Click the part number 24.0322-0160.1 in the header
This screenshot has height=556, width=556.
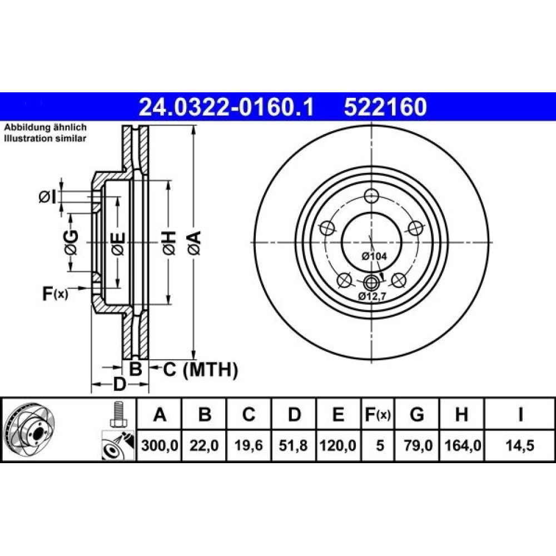[x=226, y=107]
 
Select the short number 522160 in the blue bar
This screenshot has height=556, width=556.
[x=385, y=107]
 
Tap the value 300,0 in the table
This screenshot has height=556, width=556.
[x=160, y=445]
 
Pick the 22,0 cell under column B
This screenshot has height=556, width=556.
[x=204, y=445]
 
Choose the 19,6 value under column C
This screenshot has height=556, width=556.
[x=249, y=445]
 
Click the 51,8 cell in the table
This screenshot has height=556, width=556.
[x=293, y=445]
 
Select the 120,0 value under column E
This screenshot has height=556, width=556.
[x=338, y=445]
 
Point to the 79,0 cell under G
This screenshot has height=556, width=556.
[x=418, y=445]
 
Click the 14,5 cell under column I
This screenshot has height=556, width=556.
[x=520, y=445]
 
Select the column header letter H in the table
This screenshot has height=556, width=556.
[x=461, y=414]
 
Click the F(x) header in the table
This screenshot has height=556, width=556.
[x=378, y=414]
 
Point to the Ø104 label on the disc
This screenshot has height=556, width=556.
[x=374, y=256]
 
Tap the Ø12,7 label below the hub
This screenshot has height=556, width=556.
[x=371, y=296]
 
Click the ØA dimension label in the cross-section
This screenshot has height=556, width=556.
[x=195, y=242]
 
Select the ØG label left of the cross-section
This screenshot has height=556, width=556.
[x=71, y=242]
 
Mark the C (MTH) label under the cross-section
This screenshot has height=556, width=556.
[x=200, y=370]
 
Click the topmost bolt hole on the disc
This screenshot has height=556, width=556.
[x=371, y=196]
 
